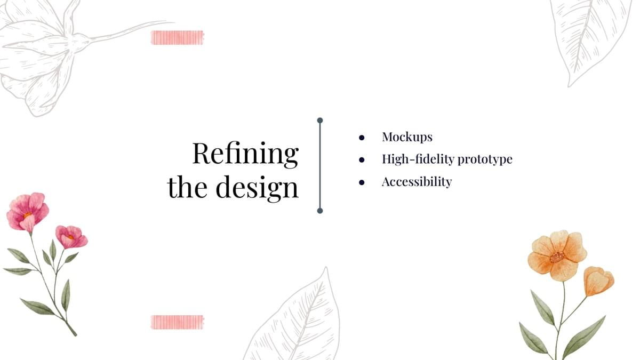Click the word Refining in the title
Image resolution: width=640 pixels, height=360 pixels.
coord(246,154)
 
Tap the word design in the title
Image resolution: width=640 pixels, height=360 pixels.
coord(257,188)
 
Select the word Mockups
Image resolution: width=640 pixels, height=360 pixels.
coord(407,138)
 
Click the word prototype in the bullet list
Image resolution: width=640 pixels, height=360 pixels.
coord(485,159)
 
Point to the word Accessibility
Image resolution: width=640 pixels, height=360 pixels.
coord(417,182)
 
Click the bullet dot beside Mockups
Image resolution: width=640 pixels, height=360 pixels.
coord(362,138)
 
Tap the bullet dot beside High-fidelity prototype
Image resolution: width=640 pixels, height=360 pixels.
coord(362,159)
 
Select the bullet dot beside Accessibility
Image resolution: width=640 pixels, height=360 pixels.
coord(362,182)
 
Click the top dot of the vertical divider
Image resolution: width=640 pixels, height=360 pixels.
coord(320,121)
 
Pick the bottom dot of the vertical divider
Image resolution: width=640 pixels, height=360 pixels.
coord(320,211)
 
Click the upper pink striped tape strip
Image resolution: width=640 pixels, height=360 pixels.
coord(178,38)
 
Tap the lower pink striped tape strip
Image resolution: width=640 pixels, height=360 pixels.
coord(178,322)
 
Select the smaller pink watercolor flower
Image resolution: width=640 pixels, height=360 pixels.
coord(71,237)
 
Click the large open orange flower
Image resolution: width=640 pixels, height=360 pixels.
coord(557,255)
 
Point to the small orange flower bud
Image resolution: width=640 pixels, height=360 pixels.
coord(598,281)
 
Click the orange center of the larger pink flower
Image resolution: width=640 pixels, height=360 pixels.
coord(28,215)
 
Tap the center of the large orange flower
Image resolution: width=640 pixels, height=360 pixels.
coord(557,257)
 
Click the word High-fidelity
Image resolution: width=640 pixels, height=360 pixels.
coord(419,159)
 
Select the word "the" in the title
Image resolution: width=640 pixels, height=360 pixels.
coord(187,187)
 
